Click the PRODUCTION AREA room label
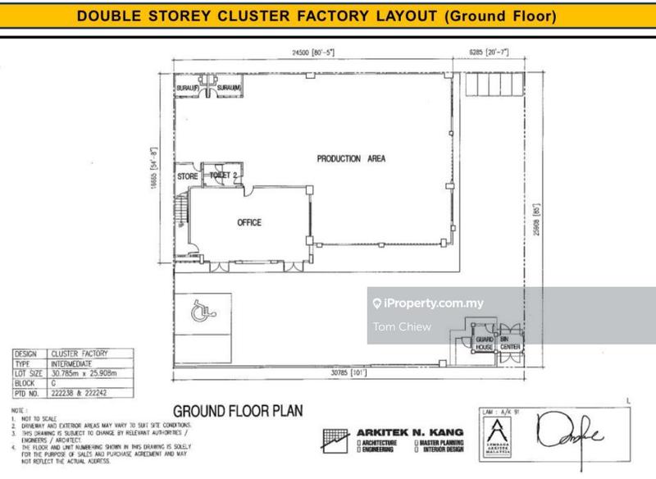pos(351,159)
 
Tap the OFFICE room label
pos(249,222)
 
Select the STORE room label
pos(188,176)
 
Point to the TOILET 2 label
pos(223,176)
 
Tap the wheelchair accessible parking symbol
pos(198,312)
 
